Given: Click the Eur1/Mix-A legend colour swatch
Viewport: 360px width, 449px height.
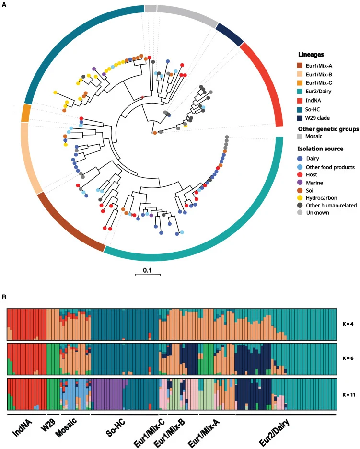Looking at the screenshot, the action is (300, 66).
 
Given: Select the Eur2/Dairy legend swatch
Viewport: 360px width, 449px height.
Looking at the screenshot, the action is (300, 92).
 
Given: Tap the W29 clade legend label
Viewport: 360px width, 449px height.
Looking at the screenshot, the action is (317, 118).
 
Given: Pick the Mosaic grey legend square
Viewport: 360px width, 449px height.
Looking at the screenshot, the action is (300, 136).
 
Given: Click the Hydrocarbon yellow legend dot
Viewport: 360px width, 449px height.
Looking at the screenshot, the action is (300, 198).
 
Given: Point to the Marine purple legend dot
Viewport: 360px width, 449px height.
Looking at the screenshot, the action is (300, 183).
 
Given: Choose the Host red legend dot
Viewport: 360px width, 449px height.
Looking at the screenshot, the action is (300, 175).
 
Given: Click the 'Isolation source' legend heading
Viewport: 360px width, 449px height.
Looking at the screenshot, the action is (320, 149).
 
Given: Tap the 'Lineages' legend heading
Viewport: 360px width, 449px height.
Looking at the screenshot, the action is (311, 55).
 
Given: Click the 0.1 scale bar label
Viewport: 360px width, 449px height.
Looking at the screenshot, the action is (148, 270).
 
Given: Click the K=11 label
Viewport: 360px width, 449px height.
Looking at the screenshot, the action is (349, 394).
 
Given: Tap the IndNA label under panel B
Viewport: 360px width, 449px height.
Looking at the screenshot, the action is (23, 426).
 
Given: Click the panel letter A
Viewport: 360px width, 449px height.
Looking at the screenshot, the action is (4, 5).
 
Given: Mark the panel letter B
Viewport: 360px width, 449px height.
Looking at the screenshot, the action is (4, 297).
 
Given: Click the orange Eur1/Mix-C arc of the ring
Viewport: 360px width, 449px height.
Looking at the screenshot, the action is (26, 113).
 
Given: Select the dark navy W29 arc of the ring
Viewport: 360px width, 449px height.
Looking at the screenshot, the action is (230, 35).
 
